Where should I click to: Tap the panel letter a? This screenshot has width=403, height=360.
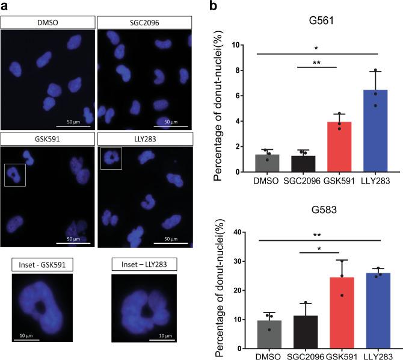coord(4,6)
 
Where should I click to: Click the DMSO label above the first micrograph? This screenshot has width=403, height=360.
coord(48,22)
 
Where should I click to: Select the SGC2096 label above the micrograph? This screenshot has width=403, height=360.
coord(144,22)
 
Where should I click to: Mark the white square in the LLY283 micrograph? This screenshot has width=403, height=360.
coord(111,159)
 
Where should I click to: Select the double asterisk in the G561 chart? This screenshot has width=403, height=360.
coord(318,62)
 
